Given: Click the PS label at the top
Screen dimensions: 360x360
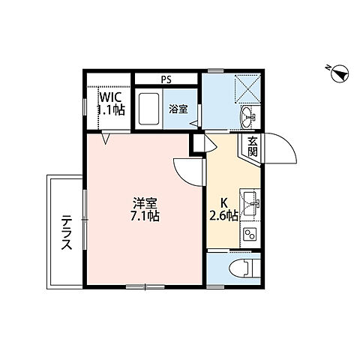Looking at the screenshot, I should (166, 77).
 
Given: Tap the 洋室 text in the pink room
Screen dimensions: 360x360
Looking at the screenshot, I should (145, 203).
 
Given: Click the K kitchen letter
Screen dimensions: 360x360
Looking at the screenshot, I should (223, 202).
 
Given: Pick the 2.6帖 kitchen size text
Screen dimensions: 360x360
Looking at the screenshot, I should (224, 216).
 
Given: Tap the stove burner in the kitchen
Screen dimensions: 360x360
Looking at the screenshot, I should (250, 235).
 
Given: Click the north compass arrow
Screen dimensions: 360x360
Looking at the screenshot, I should (339, 73).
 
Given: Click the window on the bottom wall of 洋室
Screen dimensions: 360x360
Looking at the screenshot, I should (145, 286).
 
